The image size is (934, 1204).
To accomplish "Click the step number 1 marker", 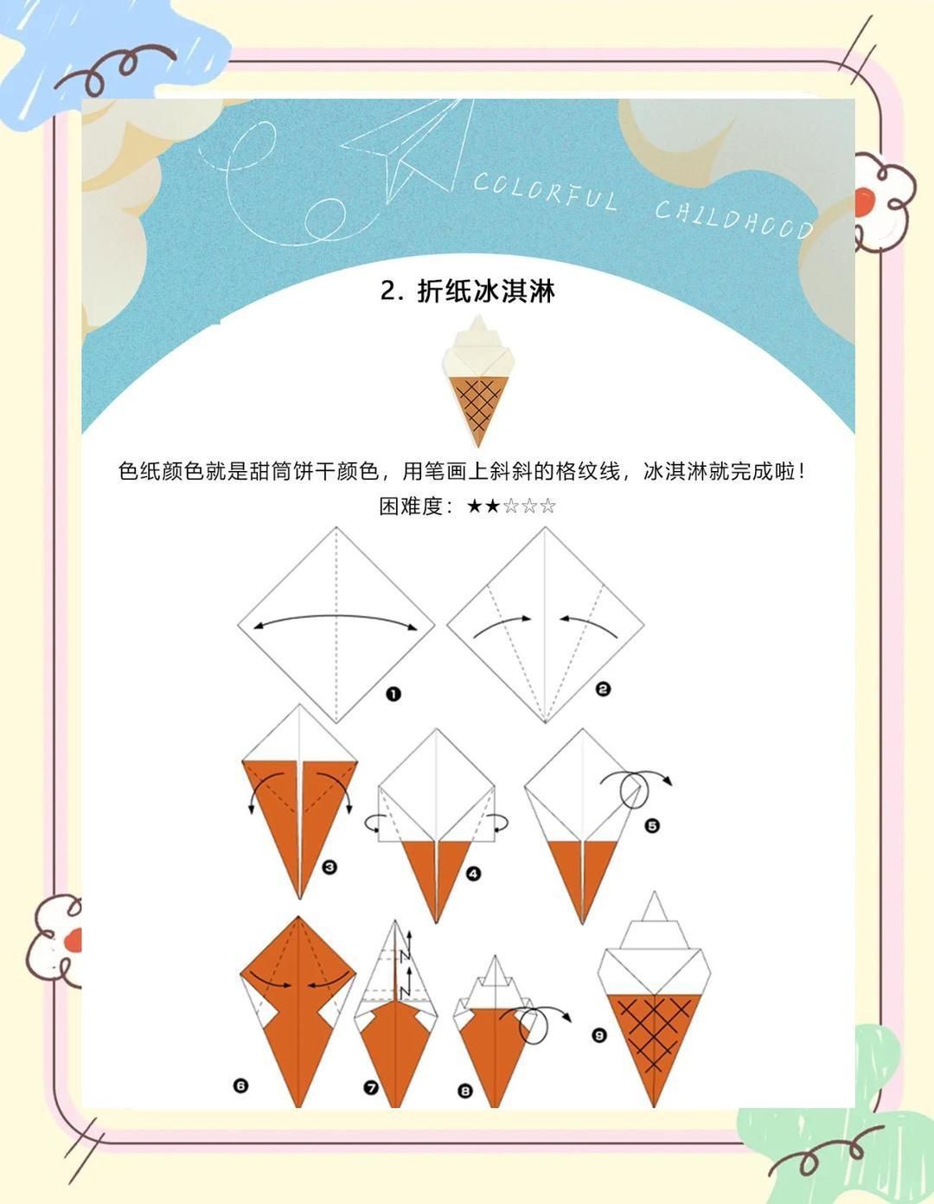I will point(393,694).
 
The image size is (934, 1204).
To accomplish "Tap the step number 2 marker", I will point(604,689).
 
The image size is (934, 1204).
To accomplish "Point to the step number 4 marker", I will point(473,874).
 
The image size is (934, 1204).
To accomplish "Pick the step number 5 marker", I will point(652,826).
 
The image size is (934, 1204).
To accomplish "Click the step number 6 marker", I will point(240,1086).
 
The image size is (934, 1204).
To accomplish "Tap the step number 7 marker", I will point(371,1088).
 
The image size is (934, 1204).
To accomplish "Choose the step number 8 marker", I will point(465,1092).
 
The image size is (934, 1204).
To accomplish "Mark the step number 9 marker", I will point(598,1035).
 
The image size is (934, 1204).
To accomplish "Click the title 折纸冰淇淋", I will point(468,291).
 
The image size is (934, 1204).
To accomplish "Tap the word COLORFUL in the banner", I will point(545,192).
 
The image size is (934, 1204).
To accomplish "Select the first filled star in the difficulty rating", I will point(474,506).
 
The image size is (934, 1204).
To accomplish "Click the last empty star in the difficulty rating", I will point(547,506).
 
